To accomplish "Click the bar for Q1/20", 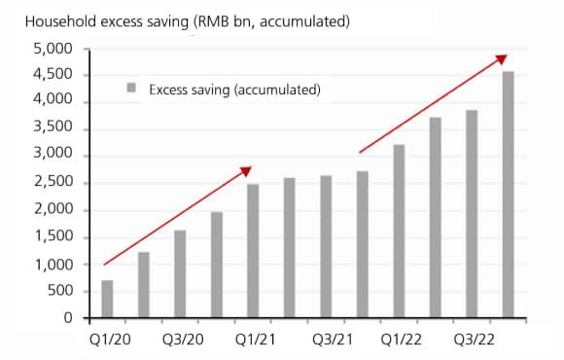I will click(x=107, y=299).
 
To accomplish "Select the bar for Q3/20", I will click(x=180, y=273).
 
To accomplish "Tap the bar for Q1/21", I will click(x=253, y=250).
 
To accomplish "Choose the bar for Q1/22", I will click(x=399, y=231).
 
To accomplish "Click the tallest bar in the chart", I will click(x=507, y=194).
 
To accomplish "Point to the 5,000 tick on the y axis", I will click(x=53, y=49).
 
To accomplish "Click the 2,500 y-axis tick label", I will click(x=53, y=183).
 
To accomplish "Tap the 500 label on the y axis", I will click(x=60, y=291).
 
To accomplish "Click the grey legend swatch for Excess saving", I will click(x=129, y=89).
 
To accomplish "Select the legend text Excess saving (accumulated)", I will click(x=234, y=90).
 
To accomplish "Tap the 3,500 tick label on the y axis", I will click(x=53, y=128).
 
